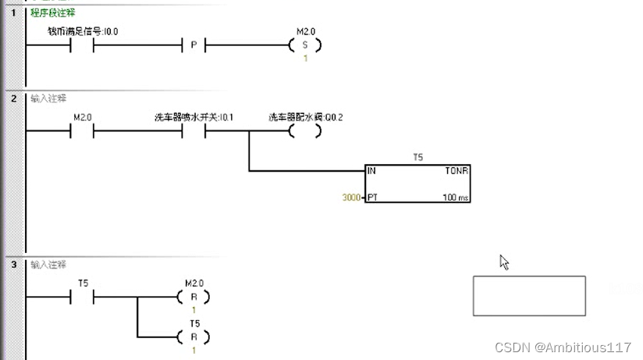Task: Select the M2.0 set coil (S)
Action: [x=304, y=46]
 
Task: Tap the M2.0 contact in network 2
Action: [x=82, y=131]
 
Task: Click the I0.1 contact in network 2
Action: [x=194, y=131]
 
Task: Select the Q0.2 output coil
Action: [x=304, y=131]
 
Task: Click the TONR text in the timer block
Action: [x=456, y=169]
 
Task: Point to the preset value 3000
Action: [x=350, y=198]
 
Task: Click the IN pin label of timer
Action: [x=371, y=169]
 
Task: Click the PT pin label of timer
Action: [x=372, y=198]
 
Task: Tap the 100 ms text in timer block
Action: [x=456, y=198]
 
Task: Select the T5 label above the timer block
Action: [x=417, y=158]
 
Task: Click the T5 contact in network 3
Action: [x=82, y=297]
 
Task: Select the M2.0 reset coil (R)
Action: [x=194, y=297]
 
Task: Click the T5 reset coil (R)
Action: [x=194, y=337]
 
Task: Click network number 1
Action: [x=13, y=13]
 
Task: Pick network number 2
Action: [x=13, y=98]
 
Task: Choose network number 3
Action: [x=13, y=264]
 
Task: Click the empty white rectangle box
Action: [x=529, y=296]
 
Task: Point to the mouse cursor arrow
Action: [x=504, y=262]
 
